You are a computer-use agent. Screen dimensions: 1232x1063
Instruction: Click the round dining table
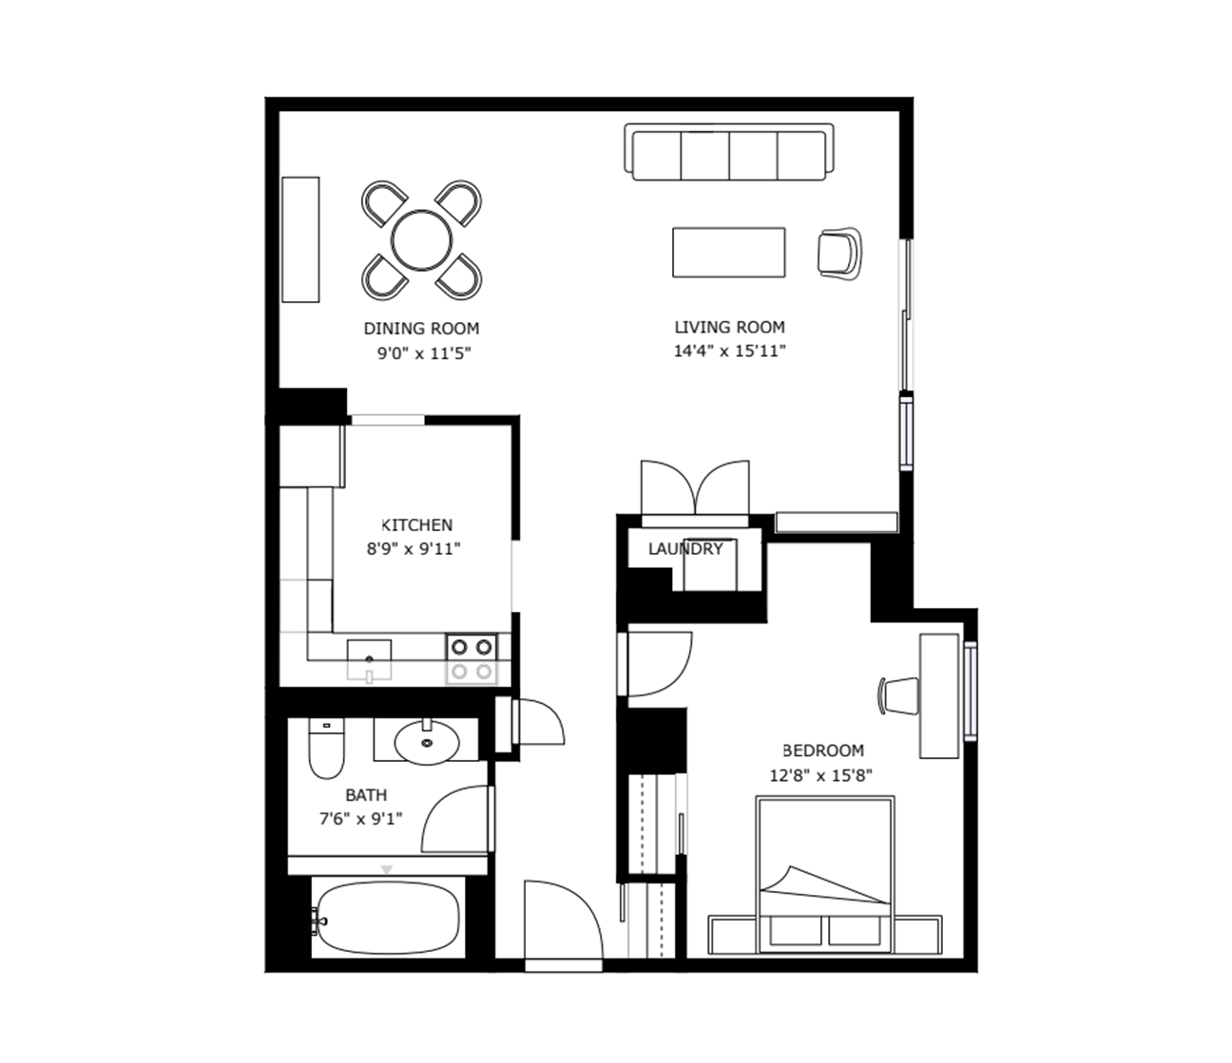tap(421, 240)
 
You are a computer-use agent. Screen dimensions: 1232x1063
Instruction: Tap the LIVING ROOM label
tap(729, 327)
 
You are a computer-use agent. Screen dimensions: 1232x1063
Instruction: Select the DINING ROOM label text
tap(421, 329)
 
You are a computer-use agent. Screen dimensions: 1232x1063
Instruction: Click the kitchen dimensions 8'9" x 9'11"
tap(414, 548)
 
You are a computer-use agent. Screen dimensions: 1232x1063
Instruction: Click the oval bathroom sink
tap(427, 742)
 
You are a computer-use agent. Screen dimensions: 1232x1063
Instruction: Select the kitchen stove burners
tap(472, 659)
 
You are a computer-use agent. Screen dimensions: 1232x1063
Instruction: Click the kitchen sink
tap(370, 660)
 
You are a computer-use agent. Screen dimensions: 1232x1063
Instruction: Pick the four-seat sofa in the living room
tap(729, 152)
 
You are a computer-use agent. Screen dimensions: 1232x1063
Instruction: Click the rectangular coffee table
tap(729, 253)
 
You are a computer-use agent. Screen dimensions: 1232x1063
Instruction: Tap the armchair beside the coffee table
tap(839, 254)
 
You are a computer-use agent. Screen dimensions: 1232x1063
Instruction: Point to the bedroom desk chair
tap(899, 695)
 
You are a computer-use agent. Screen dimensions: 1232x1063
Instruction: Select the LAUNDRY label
tap(685, 549)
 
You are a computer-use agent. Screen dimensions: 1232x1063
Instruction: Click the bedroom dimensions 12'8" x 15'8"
tap(821, 776)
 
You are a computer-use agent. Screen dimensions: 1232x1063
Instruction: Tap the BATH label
tap(366, 795)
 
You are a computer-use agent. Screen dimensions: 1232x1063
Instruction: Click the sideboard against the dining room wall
tap(300, 239)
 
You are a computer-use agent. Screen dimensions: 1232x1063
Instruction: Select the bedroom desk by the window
tap(939, 696)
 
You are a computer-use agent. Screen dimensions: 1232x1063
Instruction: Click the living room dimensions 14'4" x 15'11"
tap(729, 351)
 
